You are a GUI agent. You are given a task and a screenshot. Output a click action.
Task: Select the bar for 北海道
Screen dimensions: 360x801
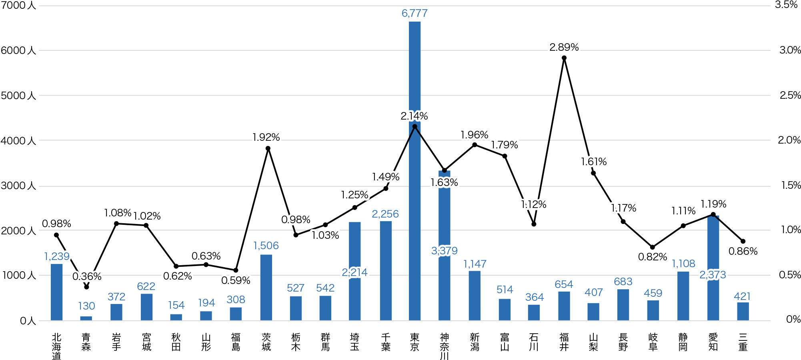coord(56,292)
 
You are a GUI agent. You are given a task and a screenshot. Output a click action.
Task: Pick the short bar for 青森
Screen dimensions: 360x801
coord(86,318)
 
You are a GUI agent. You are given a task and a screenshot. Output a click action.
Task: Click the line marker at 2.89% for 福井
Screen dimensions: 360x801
coord(564,58)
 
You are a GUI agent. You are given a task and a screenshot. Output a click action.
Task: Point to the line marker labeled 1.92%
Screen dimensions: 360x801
coord(268,148)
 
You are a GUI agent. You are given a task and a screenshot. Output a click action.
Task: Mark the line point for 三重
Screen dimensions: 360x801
coord(743,241)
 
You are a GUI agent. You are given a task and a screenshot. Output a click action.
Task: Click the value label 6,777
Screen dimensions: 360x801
coord(415,13)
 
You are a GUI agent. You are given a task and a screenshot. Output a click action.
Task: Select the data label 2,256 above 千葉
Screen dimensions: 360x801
coord(385,214)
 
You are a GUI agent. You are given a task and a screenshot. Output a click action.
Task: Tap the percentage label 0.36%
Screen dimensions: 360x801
coord(87,276)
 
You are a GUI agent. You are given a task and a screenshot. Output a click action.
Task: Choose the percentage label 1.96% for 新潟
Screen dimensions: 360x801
coord(475,135)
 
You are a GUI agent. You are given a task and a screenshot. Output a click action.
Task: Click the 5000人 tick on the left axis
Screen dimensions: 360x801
coord(18,96)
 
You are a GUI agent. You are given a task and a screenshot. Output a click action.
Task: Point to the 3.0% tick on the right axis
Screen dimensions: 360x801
coord(790,50)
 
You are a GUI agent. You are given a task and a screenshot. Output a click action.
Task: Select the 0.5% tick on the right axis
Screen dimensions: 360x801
coord(790,275)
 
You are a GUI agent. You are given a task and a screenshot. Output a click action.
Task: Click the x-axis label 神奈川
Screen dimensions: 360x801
coord(444,346)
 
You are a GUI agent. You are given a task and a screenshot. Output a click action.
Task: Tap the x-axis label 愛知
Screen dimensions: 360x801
coord(713,342)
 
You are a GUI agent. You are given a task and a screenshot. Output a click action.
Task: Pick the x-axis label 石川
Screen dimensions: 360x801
coord(534,342)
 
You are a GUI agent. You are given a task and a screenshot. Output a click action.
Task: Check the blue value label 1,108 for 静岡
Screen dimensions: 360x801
coord(683,264)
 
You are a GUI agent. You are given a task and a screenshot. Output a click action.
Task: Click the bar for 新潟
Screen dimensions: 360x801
coord(475,296)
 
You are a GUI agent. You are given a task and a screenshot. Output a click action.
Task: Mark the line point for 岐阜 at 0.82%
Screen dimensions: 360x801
coord(653,247)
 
